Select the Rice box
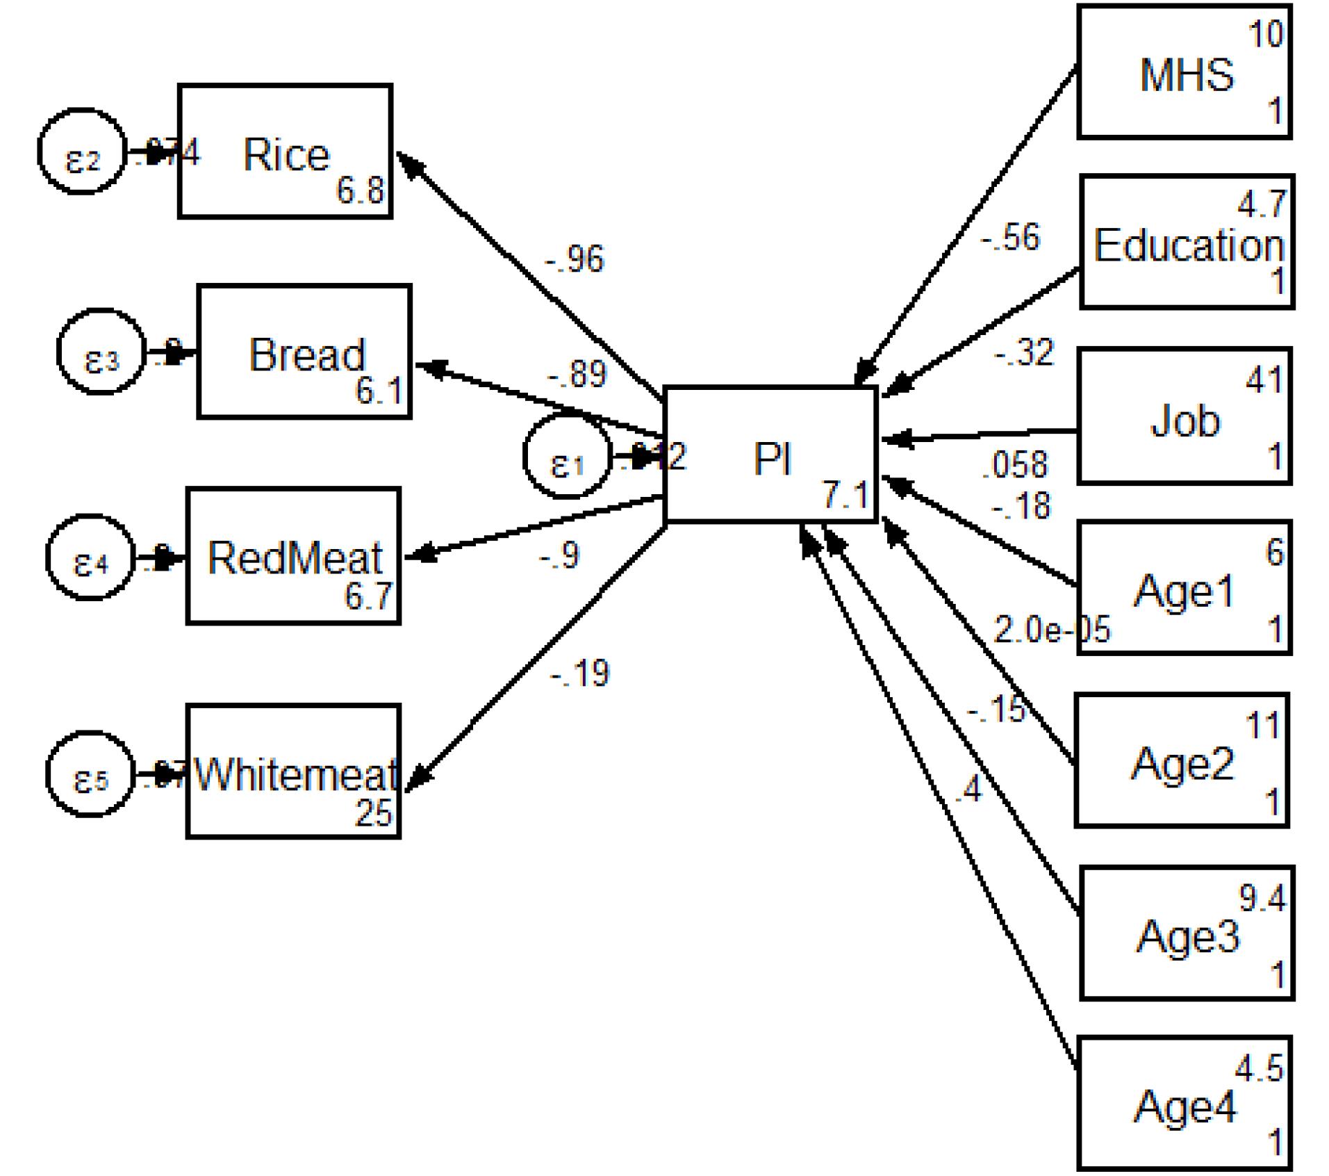(x=286, y=152)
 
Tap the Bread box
(x=305, y=352)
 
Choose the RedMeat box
(x=294, y=556)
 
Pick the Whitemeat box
(x=294, y=771)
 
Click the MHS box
(x=1184, y=72)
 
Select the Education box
(x=1187, y=242)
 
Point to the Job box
(x=1184, y=416)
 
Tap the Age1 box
(x=1184, y=588)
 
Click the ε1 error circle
(x=566, y=457)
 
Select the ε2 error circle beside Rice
(x=82, y=152)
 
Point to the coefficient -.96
(x=575, y=259)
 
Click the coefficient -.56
(x=1010, y=238)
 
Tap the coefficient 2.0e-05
(x=1052, y=630)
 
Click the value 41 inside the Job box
(x=1264, y=380)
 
